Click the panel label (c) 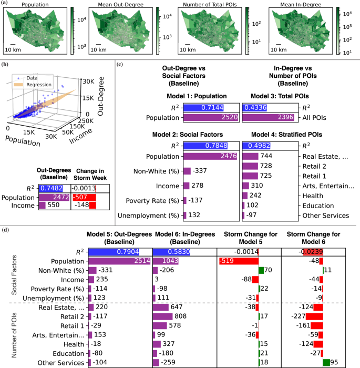coord(120,65)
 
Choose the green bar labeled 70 coord(261,270)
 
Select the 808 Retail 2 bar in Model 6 coord(162,316)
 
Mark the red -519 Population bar coord(238,260)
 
